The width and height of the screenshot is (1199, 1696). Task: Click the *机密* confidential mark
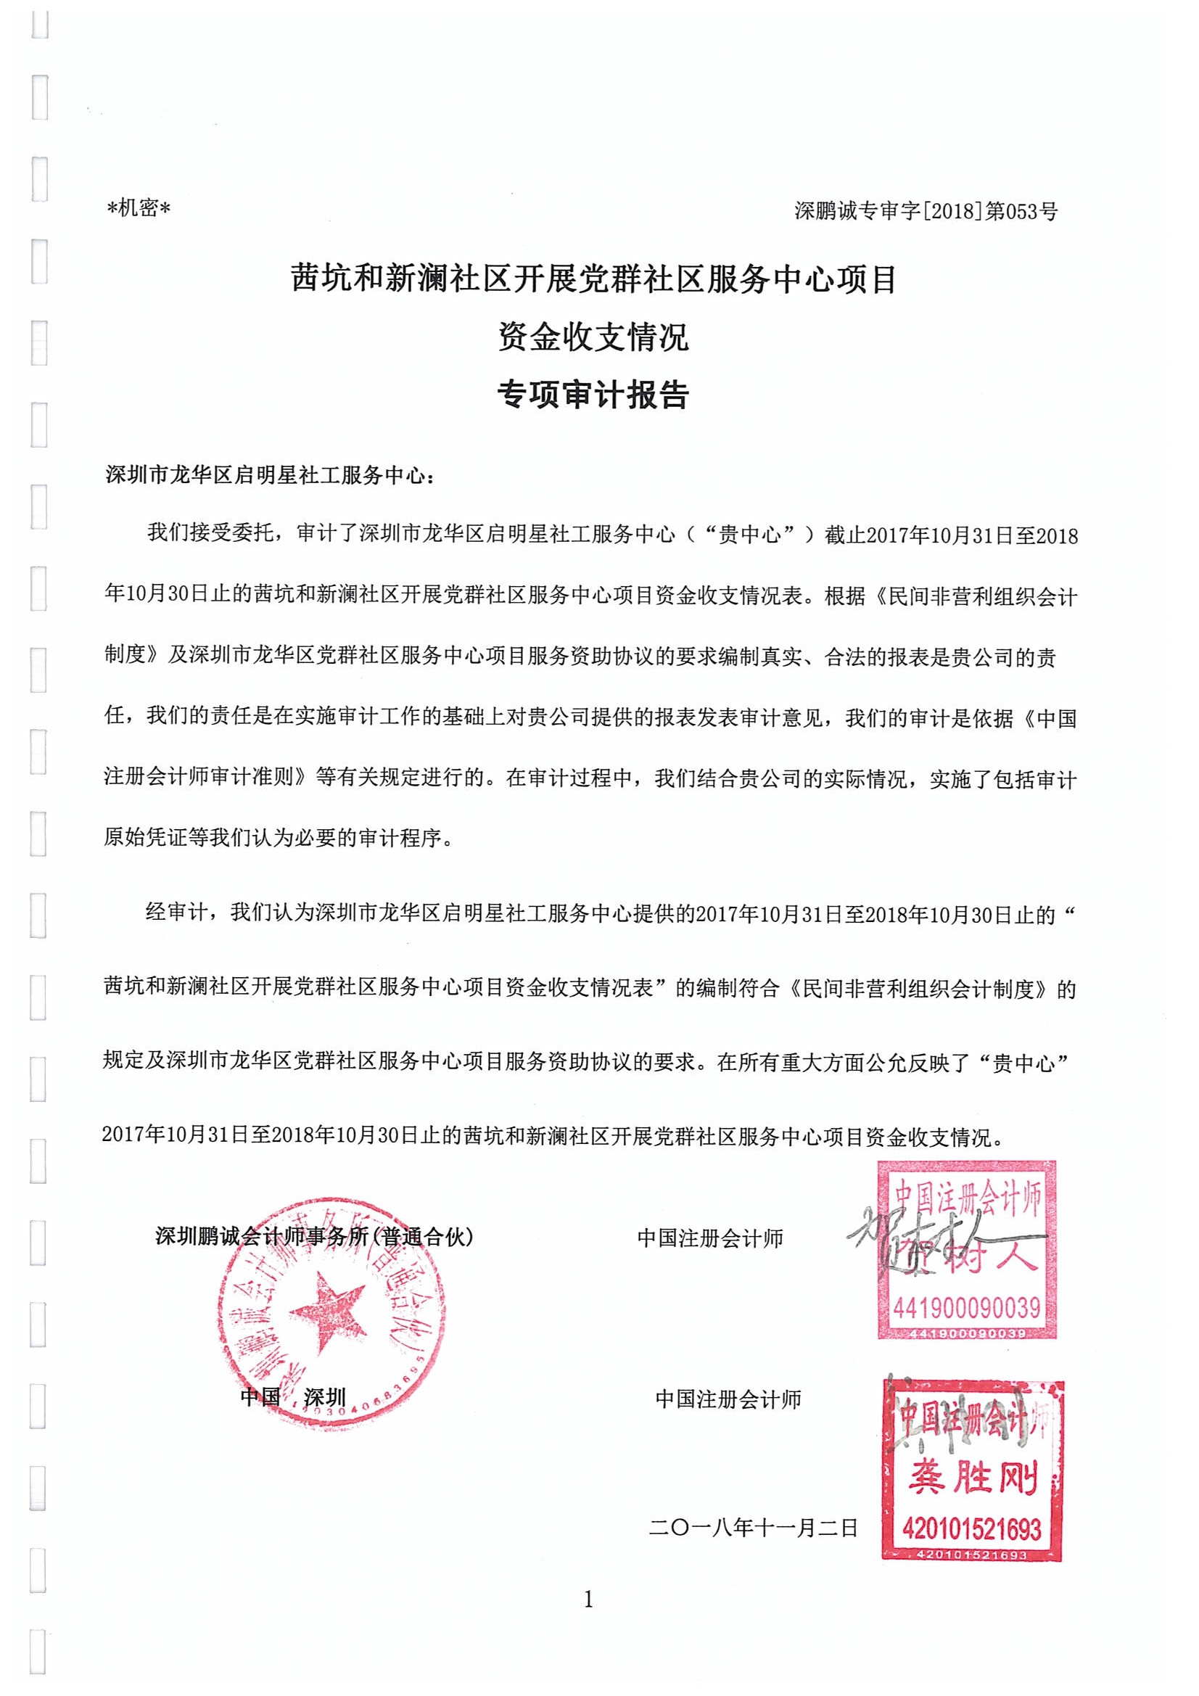139,209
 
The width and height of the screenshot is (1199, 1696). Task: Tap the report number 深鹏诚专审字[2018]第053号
926,211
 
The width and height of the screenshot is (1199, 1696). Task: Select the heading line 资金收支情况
593,337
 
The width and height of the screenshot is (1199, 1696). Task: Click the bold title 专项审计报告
593,395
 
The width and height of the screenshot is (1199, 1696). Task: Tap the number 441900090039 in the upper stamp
966,1308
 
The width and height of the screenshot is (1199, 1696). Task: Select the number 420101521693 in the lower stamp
971,1528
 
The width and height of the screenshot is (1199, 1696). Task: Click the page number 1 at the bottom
588,1600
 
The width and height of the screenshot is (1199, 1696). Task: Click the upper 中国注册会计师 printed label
710,1239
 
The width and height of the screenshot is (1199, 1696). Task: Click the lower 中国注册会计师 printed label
728,1399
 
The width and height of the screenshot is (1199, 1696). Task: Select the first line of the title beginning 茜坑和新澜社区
593,280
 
